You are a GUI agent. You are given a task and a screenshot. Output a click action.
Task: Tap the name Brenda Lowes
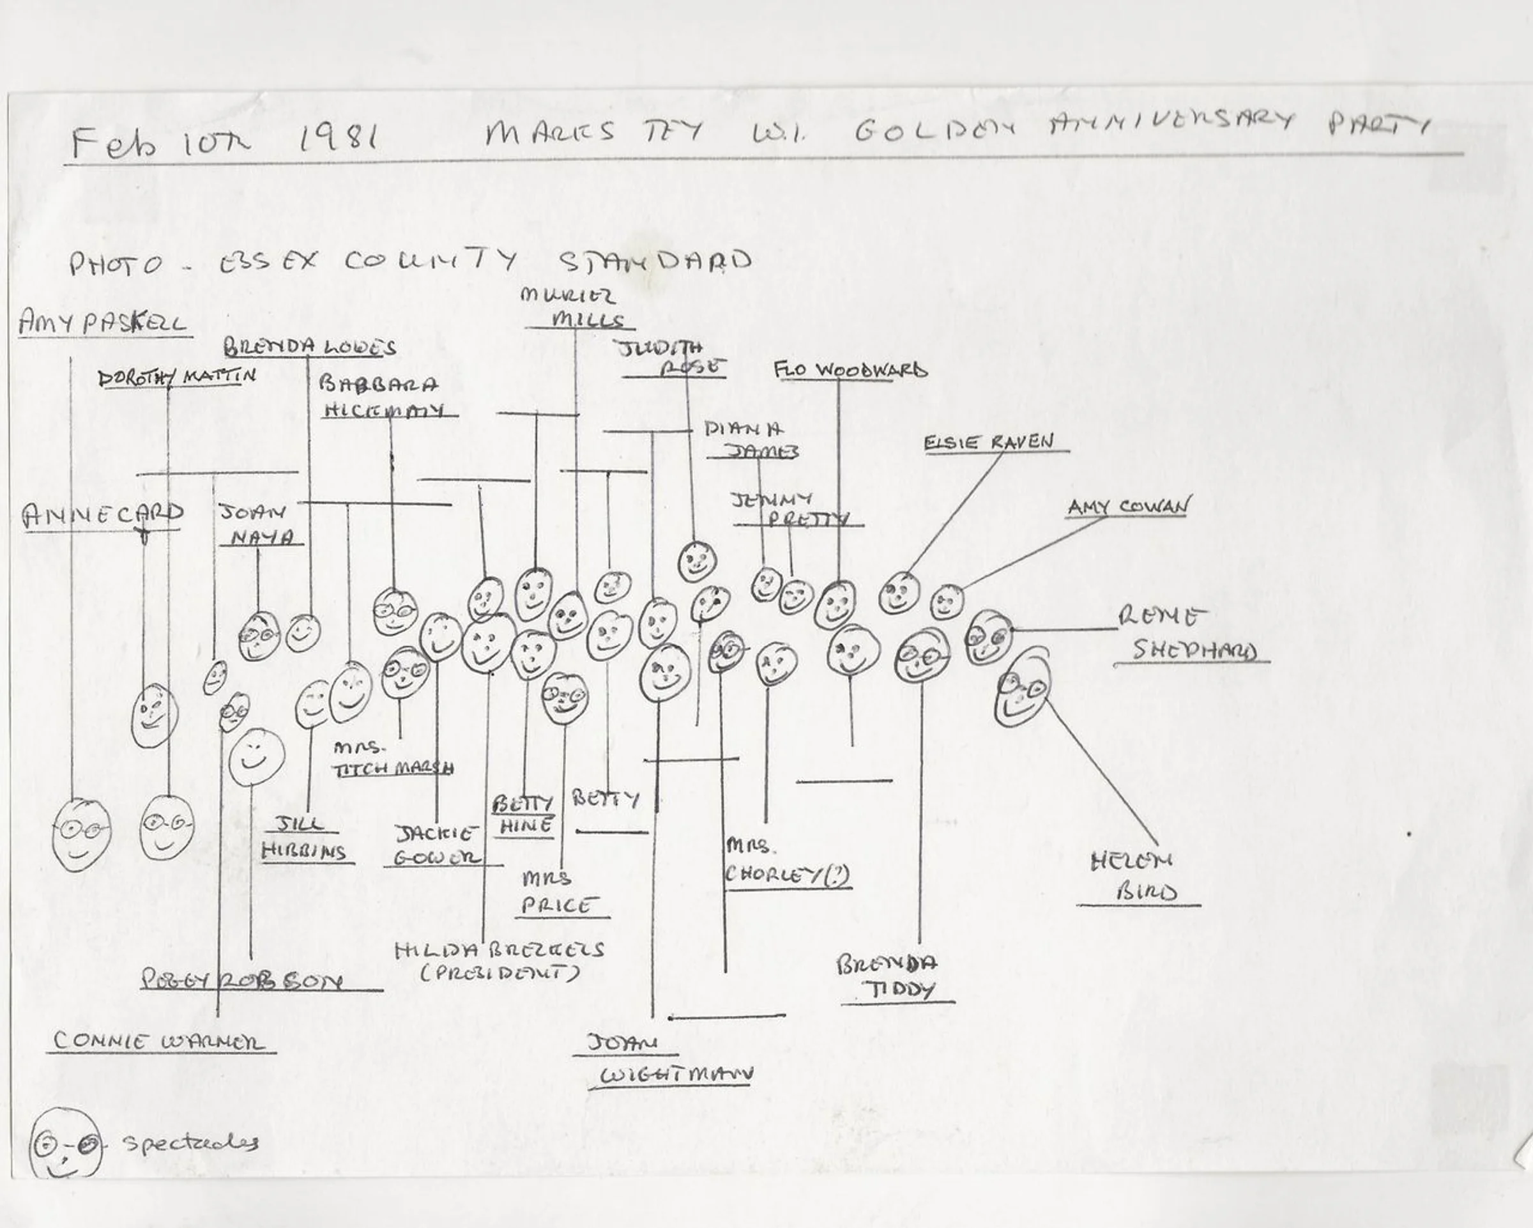click(310, 348)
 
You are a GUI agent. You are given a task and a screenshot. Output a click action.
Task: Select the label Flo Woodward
click(850, 371)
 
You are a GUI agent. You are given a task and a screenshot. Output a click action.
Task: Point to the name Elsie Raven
click(988, 442)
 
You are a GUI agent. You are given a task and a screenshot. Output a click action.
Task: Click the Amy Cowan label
click(1127, 507)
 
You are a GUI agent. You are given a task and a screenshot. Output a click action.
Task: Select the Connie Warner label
click(158, 1041)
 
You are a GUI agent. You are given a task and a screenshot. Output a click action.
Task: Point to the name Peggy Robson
click(241, 981)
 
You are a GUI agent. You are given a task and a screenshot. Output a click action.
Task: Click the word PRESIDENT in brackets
click(500, 972)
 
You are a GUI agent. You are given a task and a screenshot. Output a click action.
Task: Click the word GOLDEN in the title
click(934, 130)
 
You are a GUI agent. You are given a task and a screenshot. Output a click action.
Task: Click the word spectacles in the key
click(190, 1142)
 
